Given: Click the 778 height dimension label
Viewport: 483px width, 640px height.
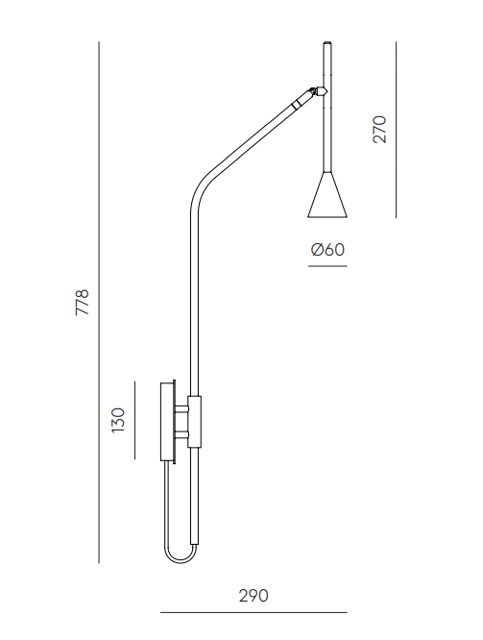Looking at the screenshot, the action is point(82,302).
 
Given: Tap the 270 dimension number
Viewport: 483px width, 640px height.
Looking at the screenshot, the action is point(379,130).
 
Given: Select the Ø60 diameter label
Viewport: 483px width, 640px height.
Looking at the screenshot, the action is point(327,250).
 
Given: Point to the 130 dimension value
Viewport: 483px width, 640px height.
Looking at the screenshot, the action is point(118,420).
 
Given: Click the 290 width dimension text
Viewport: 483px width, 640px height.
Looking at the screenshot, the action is point(254,596).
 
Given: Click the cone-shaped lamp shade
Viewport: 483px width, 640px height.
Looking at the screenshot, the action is point(327,194).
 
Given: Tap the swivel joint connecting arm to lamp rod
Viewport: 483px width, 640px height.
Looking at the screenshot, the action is point(319,91).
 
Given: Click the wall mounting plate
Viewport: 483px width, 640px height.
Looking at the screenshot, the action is point(167,422).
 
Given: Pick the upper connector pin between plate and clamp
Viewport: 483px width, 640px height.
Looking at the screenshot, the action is point(181,409).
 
